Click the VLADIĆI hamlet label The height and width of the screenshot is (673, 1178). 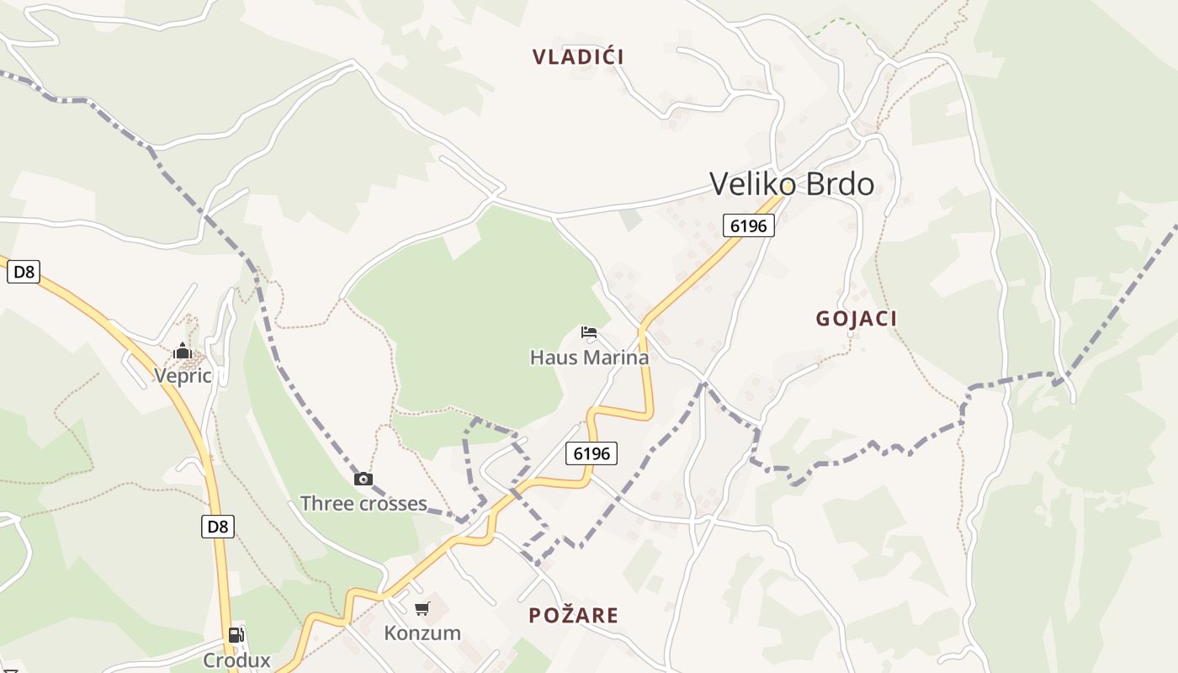(x=578, y=57)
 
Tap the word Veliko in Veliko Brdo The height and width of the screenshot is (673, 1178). (x=751, y=183)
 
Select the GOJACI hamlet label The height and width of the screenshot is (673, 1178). (x=856, y=319)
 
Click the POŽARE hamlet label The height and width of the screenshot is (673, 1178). (x=573, y=616)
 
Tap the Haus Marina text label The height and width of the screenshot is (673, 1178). (x=589, y=358)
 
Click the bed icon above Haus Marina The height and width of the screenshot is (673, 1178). (x=589, y=332)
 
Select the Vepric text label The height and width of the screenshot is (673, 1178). (x=183, y=375)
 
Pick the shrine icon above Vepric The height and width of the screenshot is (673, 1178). (x=183, y=351)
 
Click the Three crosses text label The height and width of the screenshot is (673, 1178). (x=363, y=504)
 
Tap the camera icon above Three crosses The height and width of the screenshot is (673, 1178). (x=363, y=480)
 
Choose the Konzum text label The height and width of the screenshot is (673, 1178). (x=422, y=633)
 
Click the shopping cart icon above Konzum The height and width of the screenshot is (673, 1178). (x=422, y=608)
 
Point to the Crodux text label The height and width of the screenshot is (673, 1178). (x=236, y=660)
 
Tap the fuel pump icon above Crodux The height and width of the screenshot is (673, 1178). (x=236, y=635)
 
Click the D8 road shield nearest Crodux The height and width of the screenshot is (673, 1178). (x=217, y=527)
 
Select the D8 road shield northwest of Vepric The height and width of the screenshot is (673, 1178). (x=24, y=272)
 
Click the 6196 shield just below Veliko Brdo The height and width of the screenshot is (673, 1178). (x=748, y=225)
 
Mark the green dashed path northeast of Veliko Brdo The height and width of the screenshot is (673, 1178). (x=837, y=24)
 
